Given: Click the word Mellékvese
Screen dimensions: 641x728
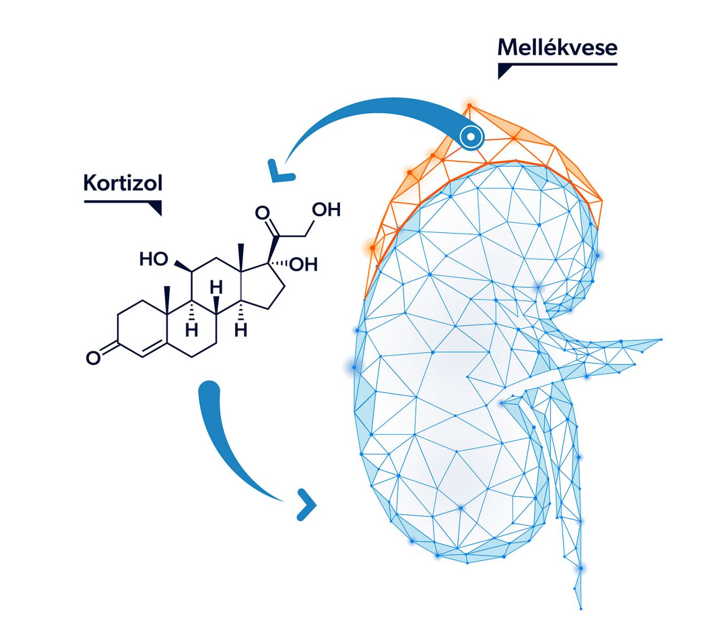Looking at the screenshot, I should (557, 48).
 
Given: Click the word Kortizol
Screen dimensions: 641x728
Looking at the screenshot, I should (122, 183).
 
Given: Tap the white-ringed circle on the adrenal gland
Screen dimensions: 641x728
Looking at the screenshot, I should (471, 137).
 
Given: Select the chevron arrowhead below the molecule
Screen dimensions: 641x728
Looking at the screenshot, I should (307, 504).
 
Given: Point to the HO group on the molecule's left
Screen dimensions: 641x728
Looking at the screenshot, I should (153, 259).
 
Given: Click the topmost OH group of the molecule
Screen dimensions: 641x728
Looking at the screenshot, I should (326, 209).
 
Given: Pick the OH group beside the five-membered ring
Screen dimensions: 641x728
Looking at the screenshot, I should (303, 264).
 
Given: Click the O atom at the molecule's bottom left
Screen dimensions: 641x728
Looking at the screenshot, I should (93, 357).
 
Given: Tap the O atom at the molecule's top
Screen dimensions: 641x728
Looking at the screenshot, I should (262, 213).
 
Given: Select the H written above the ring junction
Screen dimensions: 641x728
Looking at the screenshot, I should (216, 288).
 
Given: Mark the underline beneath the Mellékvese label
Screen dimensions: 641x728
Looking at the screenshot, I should (557, 64).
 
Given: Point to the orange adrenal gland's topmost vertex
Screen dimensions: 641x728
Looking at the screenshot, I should (469, 105).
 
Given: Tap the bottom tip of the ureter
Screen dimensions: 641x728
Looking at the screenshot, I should (581, 608).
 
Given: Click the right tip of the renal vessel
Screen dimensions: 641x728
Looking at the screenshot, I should (661, 340).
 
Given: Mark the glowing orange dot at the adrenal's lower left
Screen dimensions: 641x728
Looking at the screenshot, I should (372, 247).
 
